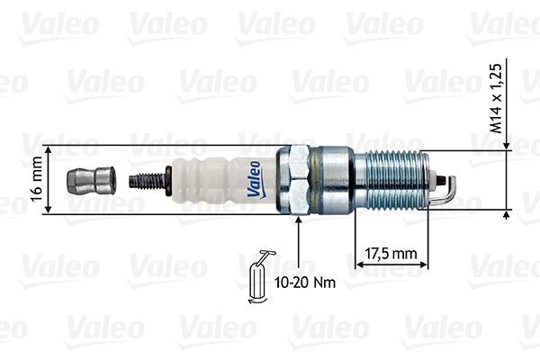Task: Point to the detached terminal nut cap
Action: tap(91, 180)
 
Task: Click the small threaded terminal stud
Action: tap(148, 180)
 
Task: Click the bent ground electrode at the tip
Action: tap(447, 189)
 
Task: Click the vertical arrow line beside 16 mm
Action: tap(46, 180)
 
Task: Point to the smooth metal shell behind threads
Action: tap(335, 180)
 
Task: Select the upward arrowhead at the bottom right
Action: tap(508, 214)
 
